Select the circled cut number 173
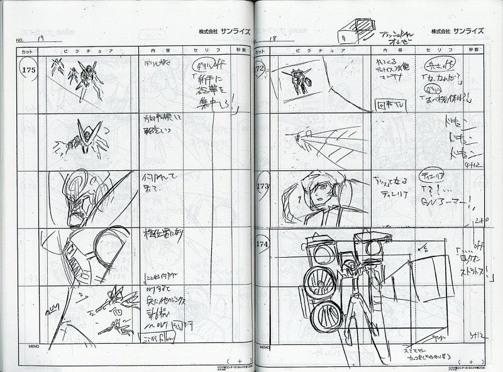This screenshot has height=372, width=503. pyautogui.click(x=263, y=187)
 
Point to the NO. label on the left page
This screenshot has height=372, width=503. pyautogui.click(x=25, y=40)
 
